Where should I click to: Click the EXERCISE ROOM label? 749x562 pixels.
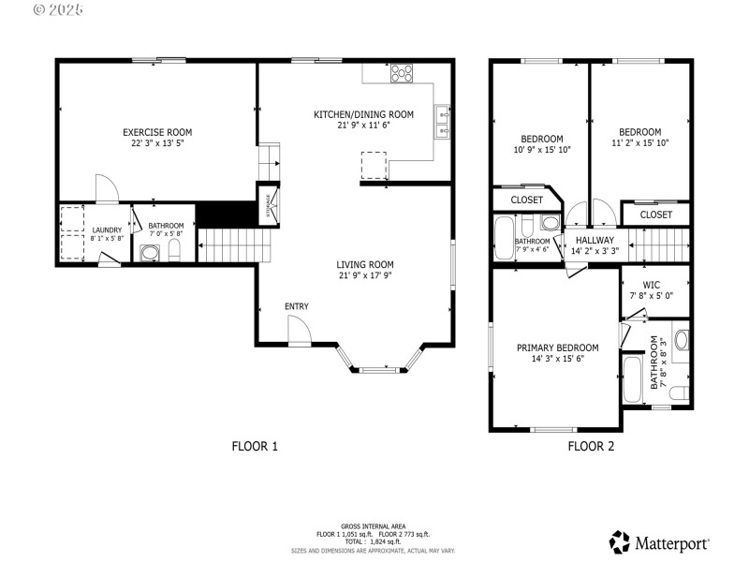click(157, 132)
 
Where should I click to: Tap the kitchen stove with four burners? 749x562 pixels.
click(403, 72)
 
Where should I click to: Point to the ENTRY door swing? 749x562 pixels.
click(299, 329)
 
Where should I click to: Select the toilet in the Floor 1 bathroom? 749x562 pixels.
click(174, 250)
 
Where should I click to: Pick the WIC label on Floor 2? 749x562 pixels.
click(653, 284)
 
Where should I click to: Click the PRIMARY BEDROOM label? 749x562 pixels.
click(557, 348)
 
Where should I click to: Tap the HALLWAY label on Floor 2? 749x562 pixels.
click(595, 240)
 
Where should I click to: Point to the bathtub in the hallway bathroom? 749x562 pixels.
click(503, 240)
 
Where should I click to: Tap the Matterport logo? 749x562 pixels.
click(660, 542)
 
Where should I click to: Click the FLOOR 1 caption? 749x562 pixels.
click(255, 447)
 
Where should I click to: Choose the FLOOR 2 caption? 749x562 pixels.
click(591, 447)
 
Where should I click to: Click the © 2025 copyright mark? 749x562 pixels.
click(59, 10)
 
